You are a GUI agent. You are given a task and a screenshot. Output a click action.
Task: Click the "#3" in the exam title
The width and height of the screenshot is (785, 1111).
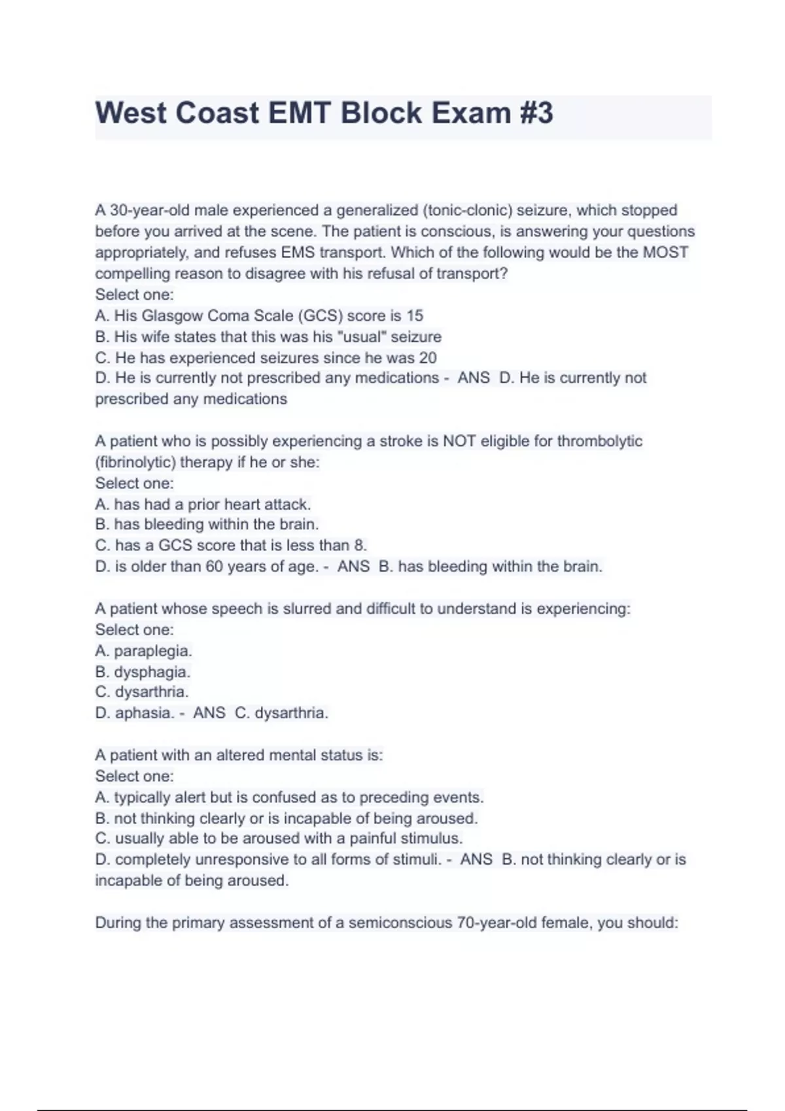point(537,113)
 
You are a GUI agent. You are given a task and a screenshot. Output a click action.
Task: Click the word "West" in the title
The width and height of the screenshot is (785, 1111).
point(131,113)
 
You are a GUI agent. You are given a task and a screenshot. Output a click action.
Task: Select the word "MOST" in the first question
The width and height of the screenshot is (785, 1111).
point(665,252)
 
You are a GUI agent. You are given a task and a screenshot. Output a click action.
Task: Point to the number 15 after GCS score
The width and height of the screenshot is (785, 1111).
point(415,316)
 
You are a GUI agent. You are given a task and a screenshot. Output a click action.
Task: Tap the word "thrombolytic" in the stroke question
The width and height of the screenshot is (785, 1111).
point(599,441)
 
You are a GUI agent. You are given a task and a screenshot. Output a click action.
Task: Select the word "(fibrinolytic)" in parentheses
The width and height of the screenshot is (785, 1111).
point(135,462)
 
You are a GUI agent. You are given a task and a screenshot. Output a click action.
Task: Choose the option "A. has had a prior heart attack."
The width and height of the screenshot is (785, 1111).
point(203,504)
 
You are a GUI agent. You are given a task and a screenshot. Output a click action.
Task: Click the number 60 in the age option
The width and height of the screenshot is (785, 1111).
point(215,567)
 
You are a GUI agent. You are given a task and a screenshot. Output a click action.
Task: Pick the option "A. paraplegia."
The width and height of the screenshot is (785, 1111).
point(143,651)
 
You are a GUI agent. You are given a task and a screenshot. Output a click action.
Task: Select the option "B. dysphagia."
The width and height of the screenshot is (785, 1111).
point(143,672)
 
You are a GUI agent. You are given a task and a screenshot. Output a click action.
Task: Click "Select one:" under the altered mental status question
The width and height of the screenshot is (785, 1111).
point(134,776)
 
